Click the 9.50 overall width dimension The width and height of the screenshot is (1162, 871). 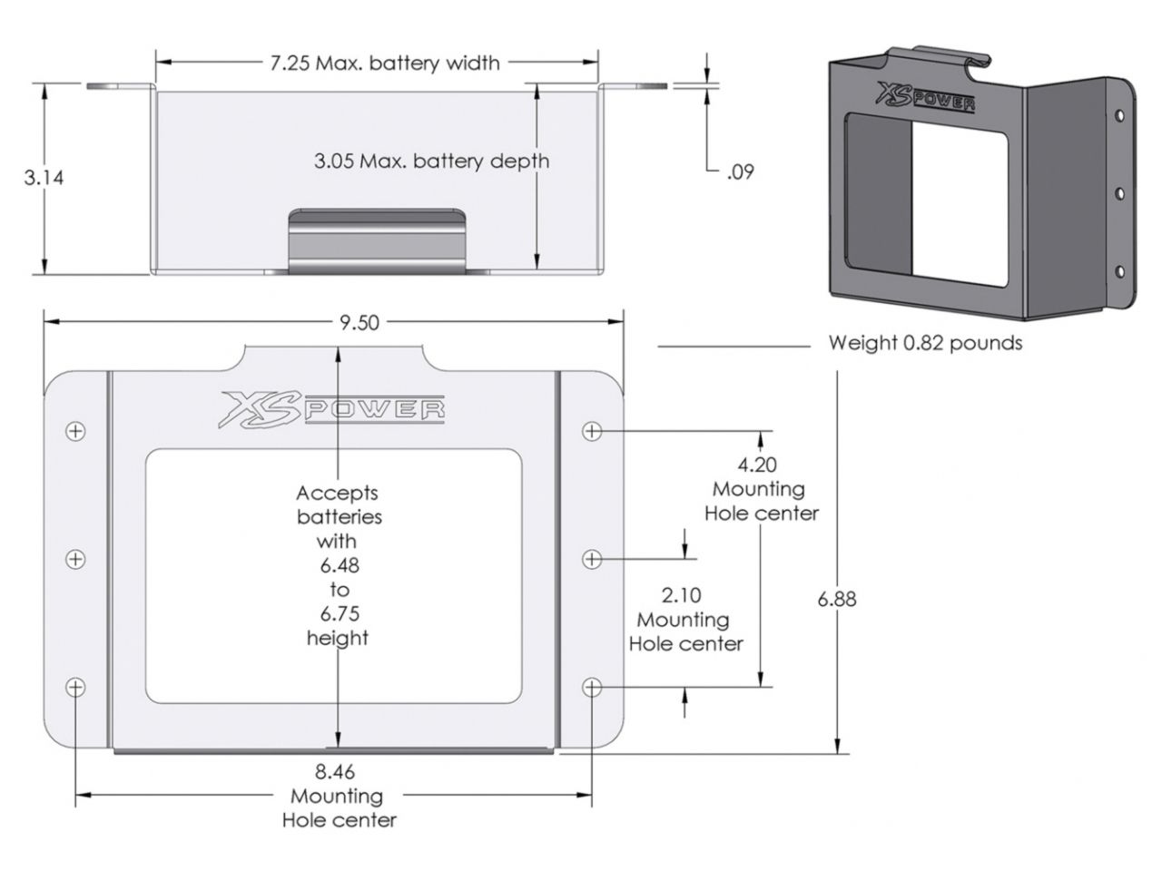tap(359, 323)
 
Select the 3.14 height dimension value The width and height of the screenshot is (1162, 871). tap(44, 177)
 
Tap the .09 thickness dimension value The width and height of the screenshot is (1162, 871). tap(740, 171)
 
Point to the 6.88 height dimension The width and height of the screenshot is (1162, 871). tap(836, 599)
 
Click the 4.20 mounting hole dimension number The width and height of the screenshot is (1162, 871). tap(757, 465)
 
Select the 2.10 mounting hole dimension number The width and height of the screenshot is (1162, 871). tap(682, 595)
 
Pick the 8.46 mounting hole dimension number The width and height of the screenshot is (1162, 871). tap(335, 772)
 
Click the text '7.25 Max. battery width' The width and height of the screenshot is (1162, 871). tap(384, 63)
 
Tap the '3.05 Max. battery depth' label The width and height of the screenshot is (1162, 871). tap(431, 161)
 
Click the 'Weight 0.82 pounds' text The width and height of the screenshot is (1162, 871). tap(925, 343)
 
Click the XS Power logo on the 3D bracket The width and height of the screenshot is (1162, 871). tap(923, 96)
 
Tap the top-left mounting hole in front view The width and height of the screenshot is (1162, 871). tap(76, 431)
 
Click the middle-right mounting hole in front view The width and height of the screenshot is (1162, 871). tap(592, 560)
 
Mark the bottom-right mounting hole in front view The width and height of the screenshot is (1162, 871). tap(592, 688)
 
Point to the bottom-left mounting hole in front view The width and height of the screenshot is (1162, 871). tap(76, 688)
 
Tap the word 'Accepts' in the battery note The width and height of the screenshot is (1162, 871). tap(337, 493)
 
